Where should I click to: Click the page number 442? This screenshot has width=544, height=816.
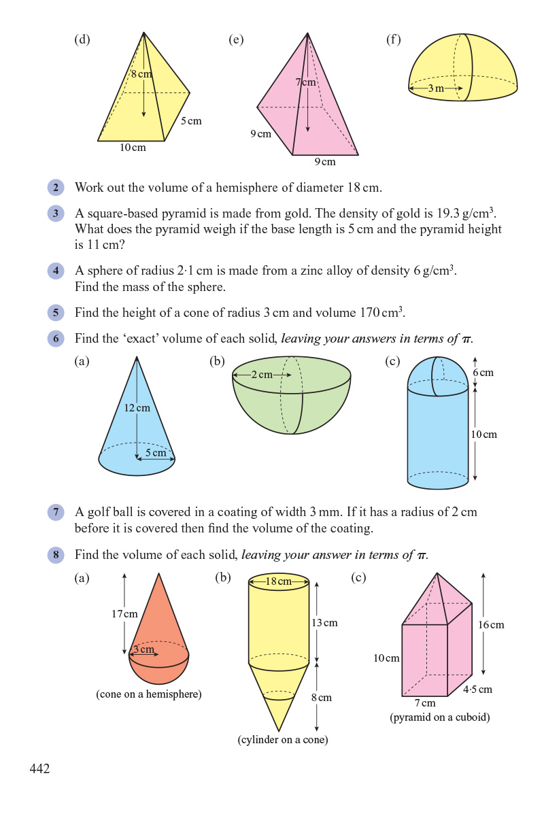pos(39,768)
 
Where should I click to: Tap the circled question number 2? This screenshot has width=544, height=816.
pos(56,188)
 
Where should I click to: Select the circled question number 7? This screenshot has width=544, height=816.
pos(56,512)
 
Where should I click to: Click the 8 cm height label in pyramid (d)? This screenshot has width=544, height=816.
pos(141,73)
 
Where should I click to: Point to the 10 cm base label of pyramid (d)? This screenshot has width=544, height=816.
pos(133,148)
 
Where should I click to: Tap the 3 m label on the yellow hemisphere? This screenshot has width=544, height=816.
pos(436,88)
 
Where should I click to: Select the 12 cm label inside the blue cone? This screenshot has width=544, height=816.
pos(137,408)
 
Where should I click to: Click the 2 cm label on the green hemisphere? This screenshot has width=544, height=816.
pos(261,375)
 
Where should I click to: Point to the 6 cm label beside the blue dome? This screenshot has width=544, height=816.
pos(483,373)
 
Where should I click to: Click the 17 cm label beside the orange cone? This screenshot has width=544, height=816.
pos(124,613)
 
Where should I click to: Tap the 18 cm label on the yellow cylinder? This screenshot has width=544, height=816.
pos(279,581)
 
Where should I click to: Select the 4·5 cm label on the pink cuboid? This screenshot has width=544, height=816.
pos(477,690)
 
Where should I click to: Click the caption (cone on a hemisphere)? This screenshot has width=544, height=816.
pos(149,694)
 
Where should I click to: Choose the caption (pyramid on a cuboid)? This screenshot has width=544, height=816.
pos(440,717)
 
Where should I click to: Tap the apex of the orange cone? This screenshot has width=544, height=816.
pos(159,573)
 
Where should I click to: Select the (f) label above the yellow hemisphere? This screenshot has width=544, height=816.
pos(393,39)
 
